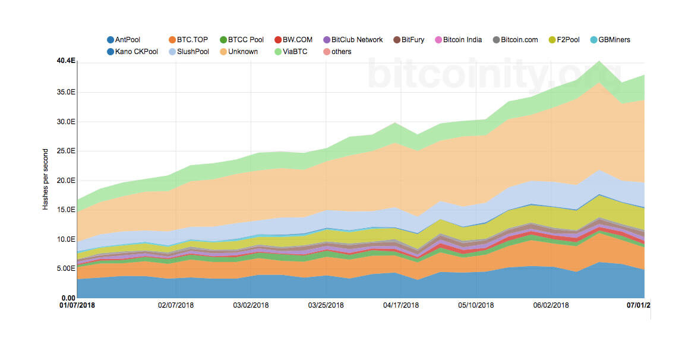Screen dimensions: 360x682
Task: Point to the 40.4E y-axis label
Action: [66, 61]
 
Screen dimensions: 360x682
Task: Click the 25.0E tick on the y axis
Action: [67, 151]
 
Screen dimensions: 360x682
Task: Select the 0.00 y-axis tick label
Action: [68, 298]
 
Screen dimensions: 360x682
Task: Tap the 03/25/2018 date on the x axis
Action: [326, 305]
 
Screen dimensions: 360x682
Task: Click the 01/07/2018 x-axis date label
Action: [77, 305]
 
